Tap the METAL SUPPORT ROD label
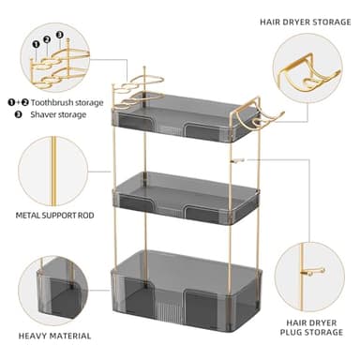(53, 215)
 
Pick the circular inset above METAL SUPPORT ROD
(52, 169)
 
